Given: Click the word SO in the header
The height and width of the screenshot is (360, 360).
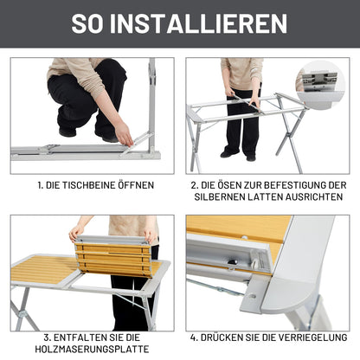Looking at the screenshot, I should [x=90, y=22].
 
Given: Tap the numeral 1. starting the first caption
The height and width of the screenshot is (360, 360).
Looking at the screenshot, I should [x=40, y=185].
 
